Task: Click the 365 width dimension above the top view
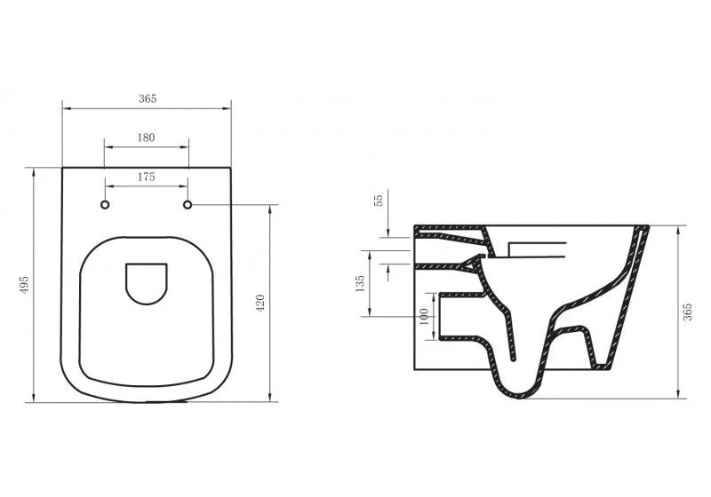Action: pos(148,99)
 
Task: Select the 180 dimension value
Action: pos(147,138)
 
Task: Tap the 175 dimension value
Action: pos(147,177)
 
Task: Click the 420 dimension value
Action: pos(260,302)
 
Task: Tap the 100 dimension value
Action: pos(424,315)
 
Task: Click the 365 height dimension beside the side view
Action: pos(688,310)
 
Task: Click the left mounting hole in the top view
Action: pos(105,206)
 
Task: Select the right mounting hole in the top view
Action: pos(188,206)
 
